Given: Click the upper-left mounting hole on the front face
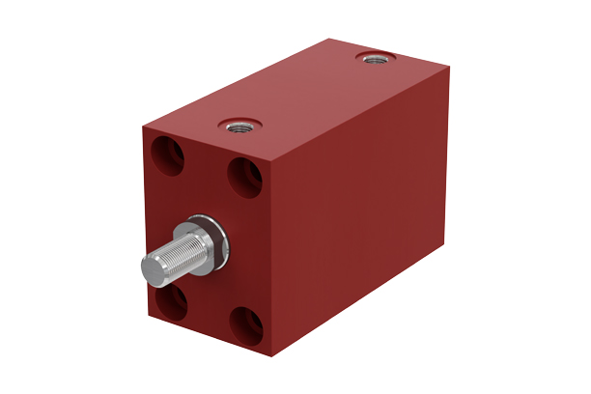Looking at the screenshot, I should [x=169, y=155].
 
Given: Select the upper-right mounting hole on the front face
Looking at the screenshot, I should [x=243, y=178].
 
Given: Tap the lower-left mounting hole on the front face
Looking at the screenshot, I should [x=172, y=301].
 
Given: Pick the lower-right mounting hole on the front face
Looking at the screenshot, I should [x=245, y=326].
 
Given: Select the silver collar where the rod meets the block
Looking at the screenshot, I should [x=211, y=240].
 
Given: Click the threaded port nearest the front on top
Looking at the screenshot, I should [x=236, y=124].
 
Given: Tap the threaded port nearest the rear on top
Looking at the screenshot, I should [x=371, y=59].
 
